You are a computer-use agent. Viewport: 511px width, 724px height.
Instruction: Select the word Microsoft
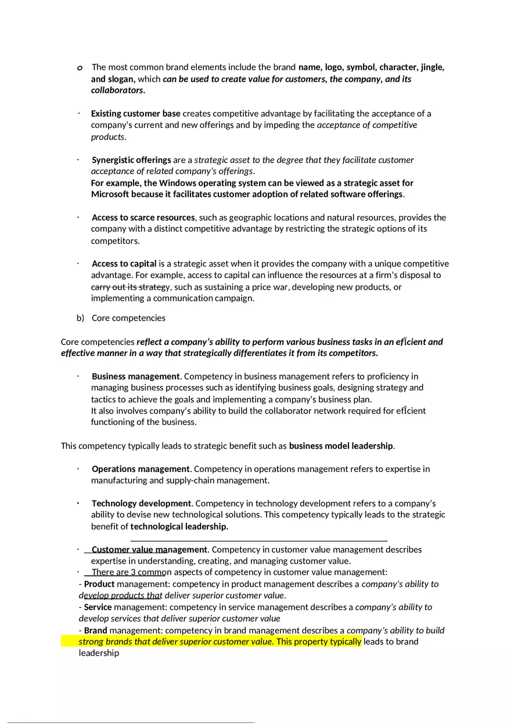coord(110,194)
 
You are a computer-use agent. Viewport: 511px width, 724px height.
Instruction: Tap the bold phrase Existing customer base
coord(136,113)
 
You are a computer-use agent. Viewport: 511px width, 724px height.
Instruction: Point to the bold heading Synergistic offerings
coord(131,160)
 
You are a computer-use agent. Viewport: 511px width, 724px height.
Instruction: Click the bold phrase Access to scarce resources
coord(143,217)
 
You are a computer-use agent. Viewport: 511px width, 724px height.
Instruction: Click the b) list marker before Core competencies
coord(81,318)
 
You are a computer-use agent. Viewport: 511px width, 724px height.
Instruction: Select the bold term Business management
coord(136,376)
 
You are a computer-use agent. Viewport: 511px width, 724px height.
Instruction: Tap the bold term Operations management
coord(141,469)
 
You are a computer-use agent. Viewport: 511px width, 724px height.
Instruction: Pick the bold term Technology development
coord(141,503)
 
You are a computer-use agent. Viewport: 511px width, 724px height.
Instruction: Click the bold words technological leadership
coord(179,527)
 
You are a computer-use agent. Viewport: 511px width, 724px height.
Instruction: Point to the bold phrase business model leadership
coord(341,446)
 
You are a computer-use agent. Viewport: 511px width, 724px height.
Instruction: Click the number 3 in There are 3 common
coord(141,572)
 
